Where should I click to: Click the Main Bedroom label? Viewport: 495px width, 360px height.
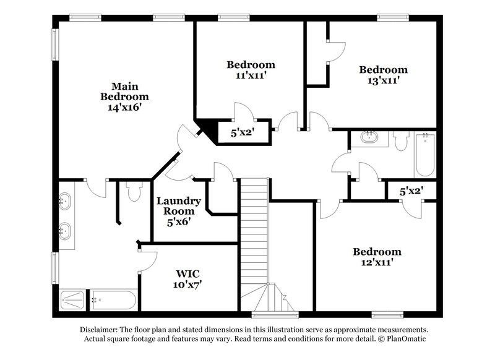124,91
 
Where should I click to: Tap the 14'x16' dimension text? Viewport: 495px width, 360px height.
124,107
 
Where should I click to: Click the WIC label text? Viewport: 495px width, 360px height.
188,273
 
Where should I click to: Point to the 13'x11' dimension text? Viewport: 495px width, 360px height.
384,80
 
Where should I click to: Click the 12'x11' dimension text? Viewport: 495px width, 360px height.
377,262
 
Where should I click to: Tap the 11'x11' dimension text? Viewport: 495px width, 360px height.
251,75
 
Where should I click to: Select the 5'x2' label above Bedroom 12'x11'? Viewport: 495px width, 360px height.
411,191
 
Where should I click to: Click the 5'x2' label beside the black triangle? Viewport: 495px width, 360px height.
243,132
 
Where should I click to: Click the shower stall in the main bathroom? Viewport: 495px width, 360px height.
75,301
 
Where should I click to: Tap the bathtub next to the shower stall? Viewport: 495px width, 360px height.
113,301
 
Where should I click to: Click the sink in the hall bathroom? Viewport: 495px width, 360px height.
370,137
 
